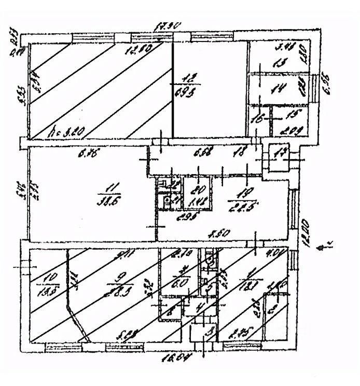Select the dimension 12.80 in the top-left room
(136, 50)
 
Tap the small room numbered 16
(256, 119)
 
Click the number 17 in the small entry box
(281, 153)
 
